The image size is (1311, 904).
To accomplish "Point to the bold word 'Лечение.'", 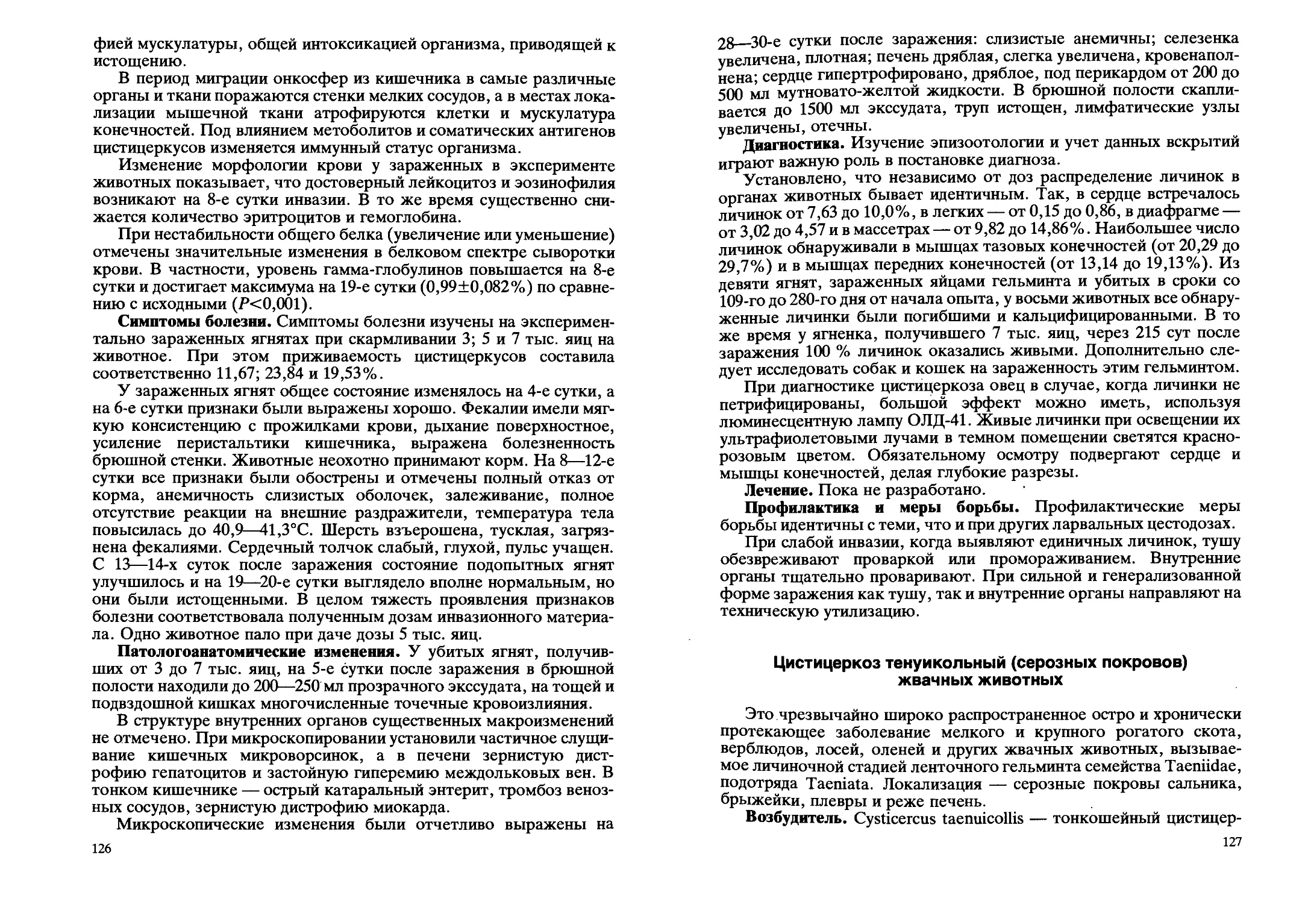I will pyautogui.click(x=779, y=489).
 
